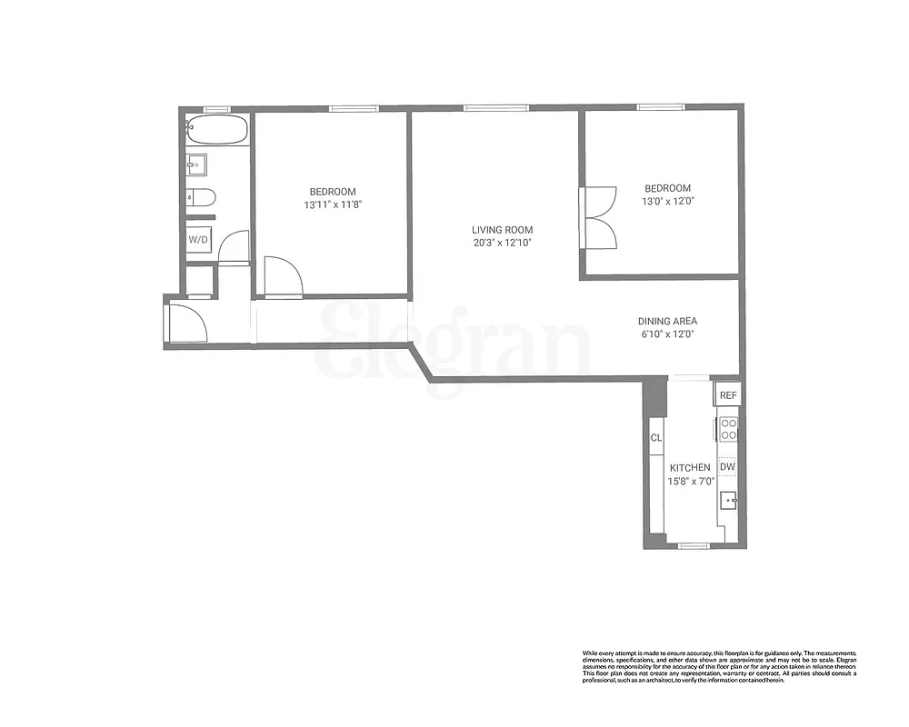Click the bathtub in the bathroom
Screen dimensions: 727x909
216,129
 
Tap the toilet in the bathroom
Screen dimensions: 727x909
201,196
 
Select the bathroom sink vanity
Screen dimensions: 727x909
196,164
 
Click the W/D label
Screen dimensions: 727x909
198,240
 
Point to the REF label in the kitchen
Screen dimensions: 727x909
728,395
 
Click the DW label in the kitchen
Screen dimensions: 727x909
727,467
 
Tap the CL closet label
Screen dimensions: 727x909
656,438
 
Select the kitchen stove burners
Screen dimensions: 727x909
728,428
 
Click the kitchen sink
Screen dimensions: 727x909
729,499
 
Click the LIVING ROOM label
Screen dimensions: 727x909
502,230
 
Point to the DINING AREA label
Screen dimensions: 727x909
667,321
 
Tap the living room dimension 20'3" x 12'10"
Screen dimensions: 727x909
502,244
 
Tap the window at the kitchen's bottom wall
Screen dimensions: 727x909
694,545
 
